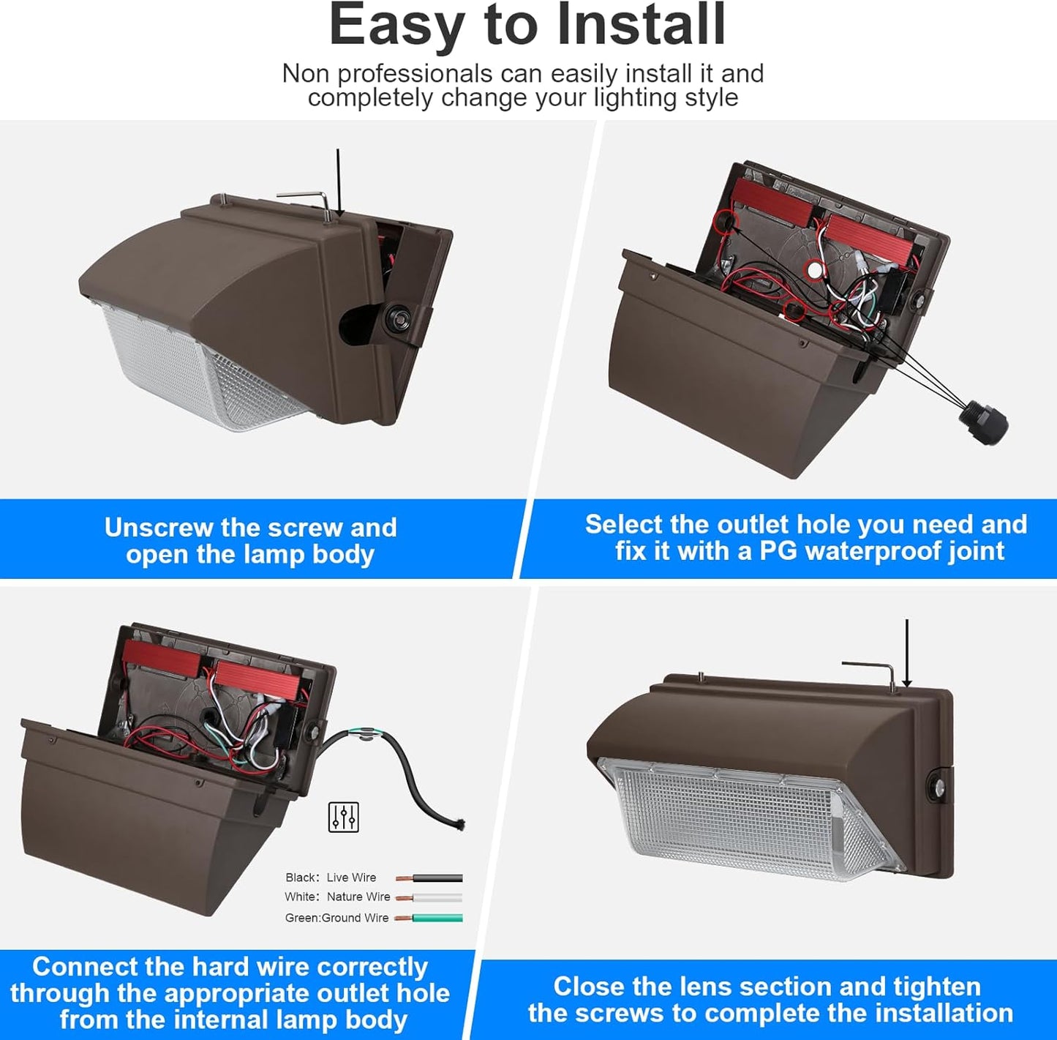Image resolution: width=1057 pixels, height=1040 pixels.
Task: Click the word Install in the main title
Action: [x=641, y=25]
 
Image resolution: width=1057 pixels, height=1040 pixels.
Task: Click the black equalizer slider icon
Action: [x=343, y=817]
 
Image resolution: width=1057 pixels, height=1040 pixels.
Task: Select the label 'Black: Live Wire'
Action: [x=331, y=878]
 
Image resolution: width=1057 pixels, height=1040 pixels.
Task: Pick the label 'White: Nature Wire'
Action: [x=337, y=897]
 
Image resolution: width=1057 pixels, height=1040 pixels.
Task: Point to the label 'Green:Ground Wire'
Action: [x=336, y=918]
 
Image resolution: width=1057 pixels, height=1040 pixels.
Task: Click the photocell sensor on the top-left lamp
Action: [x=392, y=318]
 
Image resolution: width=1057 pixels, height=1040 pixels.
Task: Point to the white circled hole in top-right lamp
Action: [x=813, y=270]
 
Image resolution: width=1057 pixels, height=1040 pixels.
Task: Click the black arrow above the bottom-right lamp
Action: [x=907, y=651]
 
